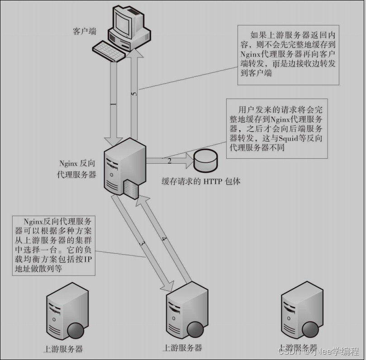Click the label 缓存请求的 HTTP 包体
click(x=201, y=181)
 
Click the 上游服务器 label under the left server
click(x=63, y=349)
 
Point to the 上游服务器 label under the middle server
click(x=182, y=348)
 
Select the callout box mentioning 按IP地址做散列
click(x=54, y=245)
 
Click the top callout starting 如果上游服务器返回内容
click(x=288, y=54)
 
